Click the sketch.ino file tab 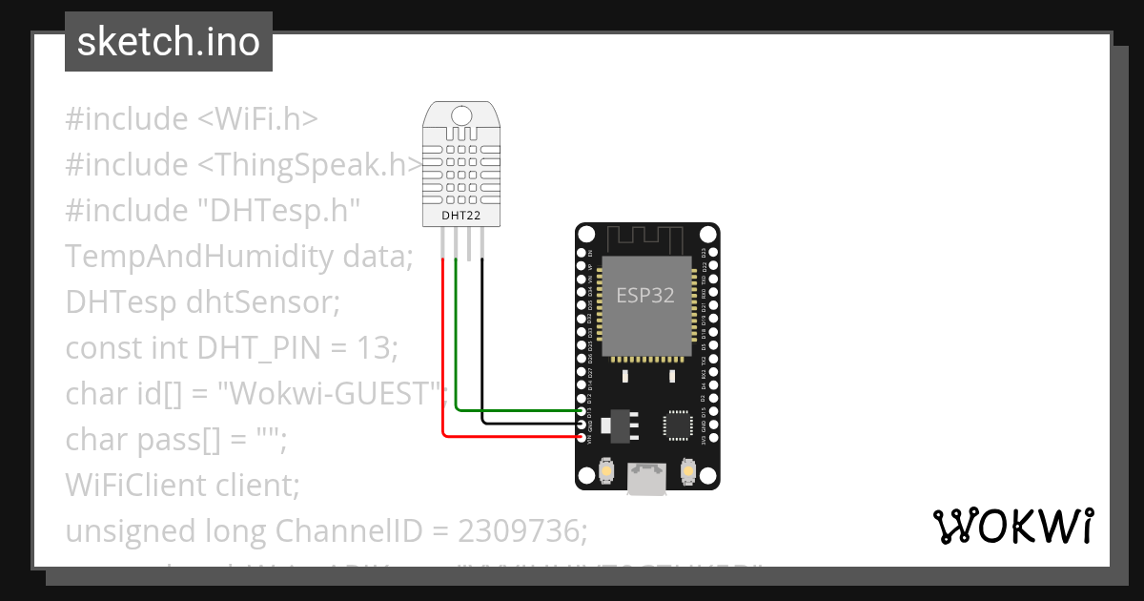(169, 42)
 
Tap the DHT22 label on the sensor (461, 216)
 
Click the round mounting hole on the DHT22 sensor (462, 116)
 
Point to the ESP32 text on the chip (645, 296)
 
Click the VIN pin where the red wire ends (583, 438)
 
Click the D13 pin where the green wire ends (583, 410)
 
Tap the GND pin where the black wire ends (583, 424)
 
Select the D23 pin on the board (712, 253)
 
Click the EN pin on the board (583, 253)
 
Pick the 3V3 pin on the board (712, 438)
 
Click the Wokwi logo (1013, 527)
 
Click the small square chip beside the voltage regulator (679, 425)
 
